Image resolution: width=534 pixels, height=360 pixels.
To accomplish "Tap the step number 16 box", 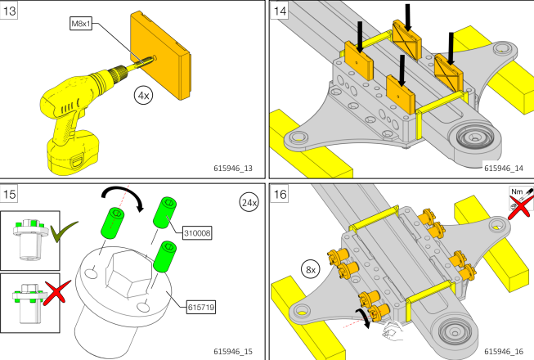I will [280, 196].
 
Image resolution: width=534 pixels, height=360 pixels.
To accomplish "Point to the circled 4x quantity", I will [145, 96].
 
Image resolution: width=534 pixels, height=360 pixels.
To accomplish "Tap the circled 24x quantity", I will [249, 201].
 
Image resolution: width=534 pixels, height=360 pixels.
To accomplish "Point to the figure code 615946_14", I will [502, 169].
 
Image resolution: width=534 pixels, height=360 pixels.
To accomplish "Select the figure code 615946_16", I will [502, 351].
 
